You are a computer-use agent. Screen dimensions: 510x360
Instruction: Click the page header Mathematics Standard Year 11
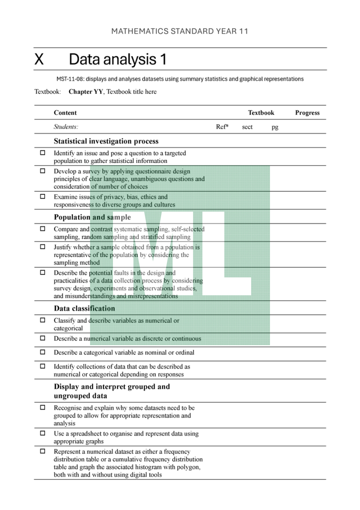point(180,32)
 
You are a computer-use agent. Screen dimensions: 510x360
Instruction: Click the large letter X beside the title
point(39,59)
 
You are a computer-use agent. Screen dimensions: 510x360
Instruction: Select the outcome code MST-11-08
point(70,79)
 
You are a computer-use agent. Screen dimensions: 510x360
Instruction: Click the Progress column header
point(307,113)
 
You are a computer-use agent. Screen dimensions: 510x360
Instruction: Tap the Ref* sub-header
point(222,127)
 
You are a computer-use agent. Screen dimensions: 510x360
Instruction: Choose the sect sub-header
point(247,127)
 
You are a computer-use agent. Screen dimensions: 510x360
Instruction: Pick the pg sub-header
point(275,127)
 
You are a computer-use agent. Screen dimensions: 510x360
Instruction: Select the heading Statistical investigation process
point(106,141)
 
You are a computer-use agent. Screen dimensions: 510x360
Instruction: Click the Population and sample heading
point(92,217)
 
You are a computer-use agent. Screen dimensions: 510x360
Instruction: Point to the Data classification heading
point(85,308)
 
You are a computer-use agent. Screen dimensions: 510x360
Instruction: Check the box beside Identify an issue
point(43,153)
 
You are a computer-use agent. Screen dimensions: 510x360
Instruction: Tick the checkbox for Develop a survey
point(43,171)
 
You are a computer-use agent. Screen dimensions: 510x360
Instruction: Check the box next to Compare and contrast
point(43,229)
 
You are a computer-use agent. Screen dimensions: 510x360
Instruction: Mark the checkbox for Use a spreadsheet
point(43,433)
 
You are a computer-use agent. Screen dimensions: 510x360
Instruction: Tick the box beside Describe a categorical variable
point(43,352)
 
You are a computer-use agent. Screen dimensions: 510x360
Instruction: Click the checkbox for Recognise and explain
point(43,407)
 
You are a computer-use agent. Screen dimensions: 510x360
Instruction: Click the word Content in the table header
point(65,113)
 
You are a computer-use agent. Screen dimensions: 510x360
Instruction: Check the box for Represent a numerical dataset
point(43,451)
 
